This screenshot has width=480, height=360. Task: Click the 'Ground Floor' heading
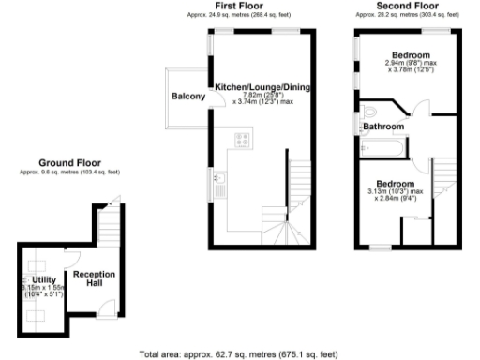point(69,162)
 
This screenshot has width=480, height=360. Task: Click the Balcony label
point(188,97)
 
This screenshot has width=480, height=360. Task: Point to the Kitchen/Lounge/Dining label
point(262,86)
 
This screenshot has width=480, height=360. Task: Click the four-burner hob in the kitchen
point(241,142)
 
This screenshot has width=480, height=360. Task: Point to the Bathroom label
point(383,126)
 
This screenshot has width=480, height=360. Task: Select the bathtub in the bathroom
point(383,148)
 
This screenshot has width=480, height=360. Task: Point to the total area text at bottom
point(238,353)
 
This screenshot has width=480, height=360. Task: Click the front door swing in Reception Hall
point(108,306)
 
